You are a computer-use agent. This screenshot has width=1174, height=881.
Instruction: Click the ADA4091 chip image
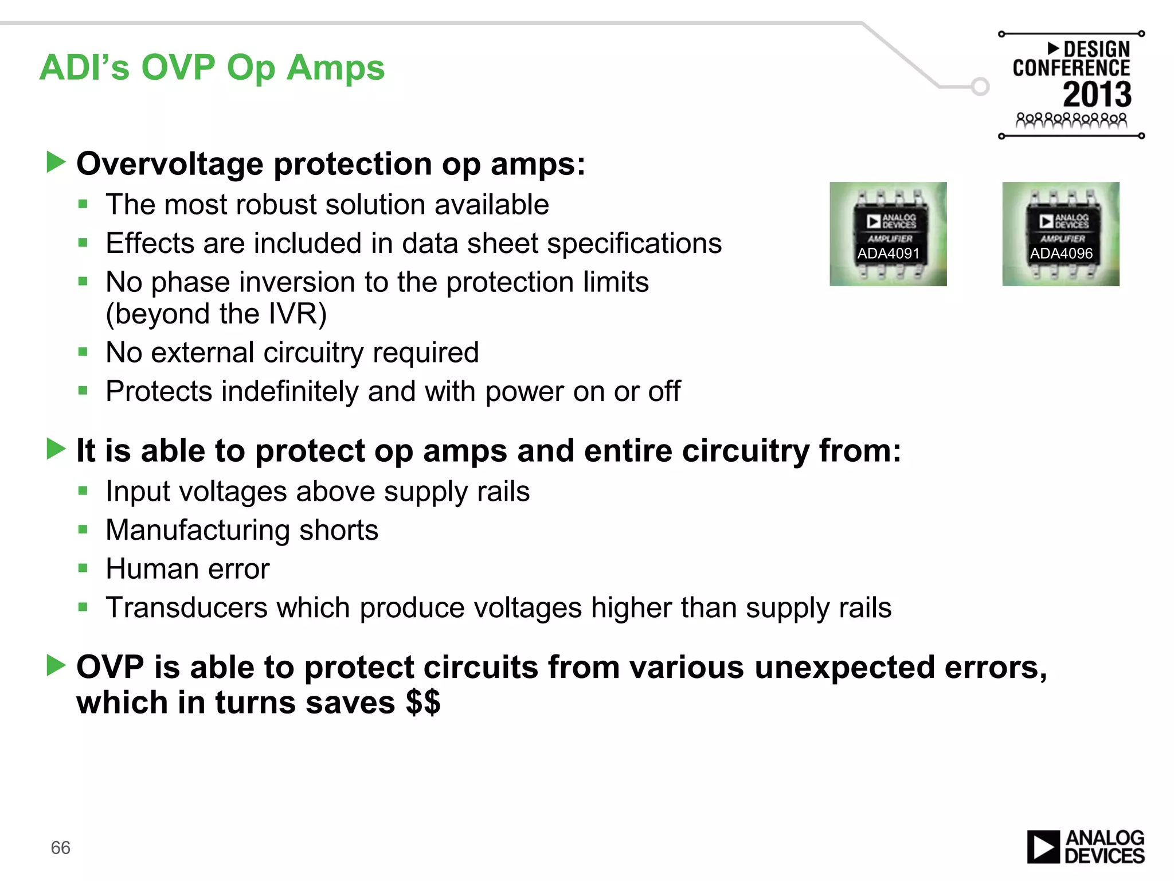(x=888, y=234)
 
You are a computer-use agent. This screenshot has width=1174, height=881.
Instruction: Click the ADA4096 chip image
(x=1060, y=234)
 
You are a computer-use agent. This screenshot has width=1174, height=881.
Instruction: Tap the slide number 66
(x=60, y=848)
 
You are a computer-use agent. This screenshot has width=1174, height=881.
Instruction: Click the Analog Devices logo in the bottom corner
(x=1085, y=847)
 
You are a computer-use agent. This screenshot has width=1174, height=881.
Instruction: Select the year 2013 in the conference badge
(x=1097, y=95)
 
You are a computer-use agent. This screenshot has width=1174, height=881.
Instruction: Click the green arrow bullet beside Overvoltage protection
(x=56, y=162)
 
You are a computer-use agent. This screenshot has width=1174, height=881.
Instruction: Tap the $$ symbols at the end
(x=423, y=702)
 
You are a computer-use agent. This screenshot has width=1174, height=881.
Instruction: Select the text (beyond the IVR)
(x=216, y=314)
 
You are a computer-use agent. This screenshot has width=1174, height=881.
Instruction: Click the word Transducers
(x=186, y=607)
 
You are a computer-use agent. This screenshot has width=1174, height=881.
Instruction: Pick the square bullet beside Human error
(x=83, y=568)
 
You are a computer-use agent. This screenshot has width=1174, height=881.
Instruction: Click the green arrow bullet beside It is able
(x=56, y=449)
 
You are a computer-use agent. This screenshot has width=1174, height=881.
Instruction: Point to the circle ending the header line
(x=980, y=87)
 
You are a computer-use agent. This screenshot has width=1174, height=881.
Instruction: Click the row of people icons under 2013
(x=1071, y=120)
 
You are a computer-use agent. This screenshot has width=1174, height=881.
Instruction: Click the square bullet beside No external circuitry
(x=83, y=352)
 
